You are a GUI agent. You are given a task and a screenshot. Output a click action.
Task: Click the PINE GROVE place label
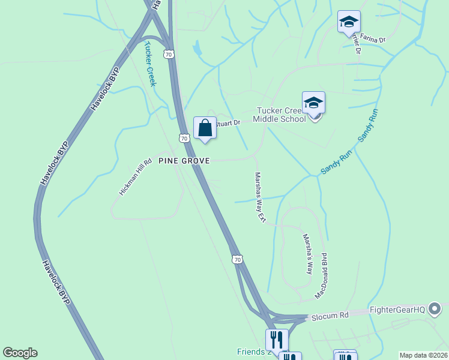tap(184, 161)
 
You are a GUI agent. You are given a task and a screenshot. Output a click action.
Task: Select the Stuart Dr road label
tap(228, 123)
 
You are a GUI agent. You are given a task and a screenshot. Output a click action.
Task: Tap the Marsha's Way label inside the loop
tap(307, 254)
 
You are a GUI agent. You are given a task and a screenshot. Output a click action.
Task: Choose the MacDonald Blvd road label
tap(322, 275)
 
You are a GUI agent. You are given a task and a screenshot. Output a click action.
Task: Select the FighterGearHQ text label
tap(397, 310)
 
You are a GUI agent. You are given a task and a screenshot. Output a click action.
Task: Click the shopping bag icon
tap(205, 128)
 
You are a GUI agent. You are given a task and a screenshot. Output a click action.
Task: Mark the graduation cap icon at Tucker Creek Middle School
tap(313, 103)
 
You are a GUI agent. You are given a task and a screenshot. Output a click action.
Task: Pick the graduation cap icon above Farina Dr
tap(349, 22)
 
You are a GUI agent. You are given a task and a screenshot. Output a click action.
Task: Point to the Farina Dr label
tap(373, 40)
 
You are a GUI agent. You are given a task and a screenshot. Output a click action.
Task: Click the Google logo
tap(20, 353)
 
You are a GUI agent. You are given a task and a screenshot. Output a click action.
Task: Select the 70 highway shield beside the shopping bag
tap(184, 138)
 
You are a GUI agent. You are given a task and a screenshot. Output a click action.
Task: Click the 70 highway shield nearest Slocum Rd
tap(237, 259)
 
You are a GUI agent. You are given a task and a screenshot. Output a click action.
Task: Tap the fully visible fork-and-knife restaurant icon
tap(277, 340)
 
